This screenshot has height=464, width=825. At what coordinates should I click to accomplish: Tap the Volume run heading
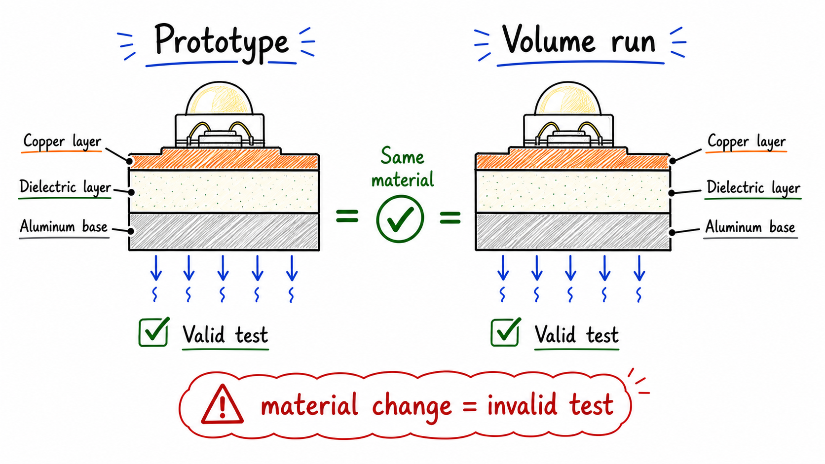pos(579,40)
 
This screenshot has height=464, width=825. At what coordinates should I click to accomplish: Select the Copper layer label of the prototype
pos(62,142)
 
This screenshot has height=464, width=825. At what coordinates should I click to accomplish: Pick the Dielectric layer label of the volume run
pos(753,188)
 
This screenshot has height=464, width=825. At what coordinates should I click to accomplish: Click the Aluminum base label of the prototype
pos(64,226)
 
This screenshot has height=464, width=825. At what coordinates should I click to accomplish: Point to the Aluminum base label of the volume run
pos(750,227)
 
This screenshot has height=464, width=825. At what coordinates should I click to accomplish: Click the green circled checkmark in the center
pos(400,218)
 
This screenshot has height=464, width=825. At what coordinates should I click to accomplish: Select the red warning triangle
pos(222,405)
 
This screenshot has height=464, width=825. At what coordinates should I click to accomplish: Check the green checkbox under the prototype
pos(154,332)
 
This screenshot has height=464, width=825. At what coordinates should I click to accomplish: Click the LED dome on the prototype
pos(220,98)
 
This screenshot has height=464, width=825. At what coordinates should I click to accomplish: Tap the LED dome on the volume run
pos(567,98)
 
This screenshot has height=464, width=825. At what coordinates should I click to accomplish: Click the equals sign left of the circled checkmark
pos(347,216)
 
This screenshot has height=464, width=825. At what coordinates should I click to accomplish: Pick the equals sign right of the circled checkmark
pos(450,217)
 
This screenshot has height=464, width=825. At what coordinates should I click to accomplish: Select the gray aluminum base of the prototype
pos(224,232)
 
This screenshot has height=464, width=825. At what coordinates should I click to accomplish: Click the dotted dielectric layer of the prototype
pos(224,192)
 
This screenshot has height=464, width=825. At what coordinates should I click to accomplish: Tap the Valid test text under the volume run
pos(576,335)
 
